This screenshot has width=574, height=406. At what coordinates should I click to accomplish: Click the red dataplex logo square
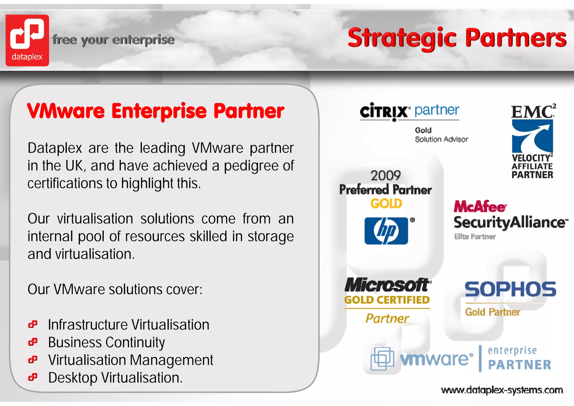(x=27, y=40)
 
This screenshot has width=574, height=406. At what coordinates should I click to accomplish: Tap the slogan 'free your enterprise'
(x=113, y=40)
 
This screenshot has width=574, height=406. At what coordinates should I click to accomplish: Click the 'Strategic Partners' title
(x=457, y=38)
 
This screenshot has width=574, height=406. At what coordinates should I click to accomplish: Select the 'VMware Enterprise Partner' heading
(x=156, y=111)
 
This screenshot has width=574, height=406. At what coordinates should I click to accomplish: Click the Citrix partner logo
(x=409, y=111)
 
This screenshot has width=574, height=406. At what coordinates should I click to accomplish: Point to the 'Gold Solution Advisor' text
(x=441, y=135)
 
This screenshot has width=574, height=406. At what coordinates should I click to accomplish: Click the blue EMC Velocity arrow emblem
(x=532, y=136)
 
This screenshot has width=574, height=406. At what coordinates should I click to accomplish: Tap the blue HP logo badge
(x=386, y=231)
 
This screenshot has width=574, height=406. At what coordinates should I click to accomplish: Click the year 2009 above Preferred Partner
(x=386, y=176)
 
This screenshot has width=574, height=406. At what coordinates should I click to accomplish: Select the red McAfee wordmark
(x=480, y=207)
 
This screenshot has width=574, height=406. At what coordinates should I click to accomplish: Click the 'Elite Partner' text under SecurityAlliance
(x=475, y=237)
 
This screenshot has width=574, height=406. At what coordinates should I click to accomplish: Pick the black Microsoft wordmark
(x=387, y=285)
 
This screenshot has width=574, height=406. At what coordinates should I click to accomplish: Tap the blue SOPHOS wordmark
(x=510, y=289)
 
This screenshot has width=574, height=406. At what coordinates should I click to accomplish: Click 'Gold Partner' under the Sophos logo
(x=492, y=312)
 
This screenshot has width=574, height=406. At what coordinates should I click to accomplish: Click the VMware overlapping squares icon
(x=382, y=359)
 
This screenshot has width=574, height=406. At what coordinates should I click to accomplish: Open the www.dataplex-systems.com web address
(x=502, y=390)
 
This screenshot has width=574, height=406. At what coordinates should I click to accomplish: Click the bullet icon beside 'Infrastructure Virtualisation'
(x=33, y=324)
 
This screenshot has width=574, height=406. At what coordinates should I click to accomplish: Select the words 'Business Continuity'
(x=107, y=342)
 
